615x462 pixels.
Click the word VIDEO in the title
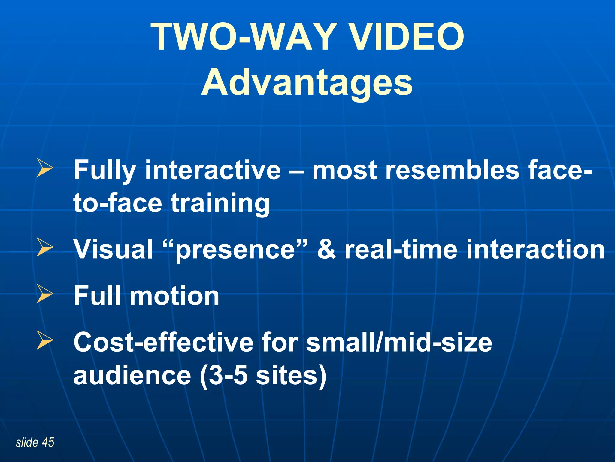[x=407, y=37]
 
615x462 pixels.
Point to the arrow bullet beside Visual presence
[x=45, y=248]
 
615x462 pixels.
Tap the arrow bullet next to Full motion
[x=45, y=294]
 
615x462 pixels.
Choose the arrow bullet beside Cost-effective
[x=45, y=340]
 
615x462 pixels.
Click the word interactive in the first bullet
[x=213, y=170]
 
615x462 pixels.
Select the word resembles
[x=452, y=170]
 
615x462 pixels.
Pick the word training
[x=220, y=203]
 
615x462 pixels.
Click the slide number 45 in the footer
[x=48, y=442]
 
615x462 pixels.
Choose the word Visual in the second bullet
[x=113, y=250]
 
